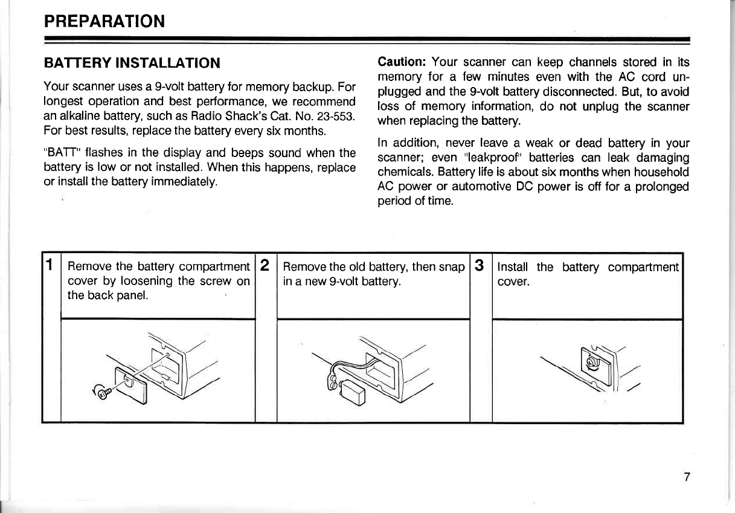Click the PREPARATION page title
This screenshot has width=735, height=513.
coord(104,22)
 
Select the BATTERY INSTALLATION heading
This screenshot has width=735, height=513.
coord(132,62)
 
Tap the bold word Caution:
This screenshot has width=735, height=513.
coord(402,62)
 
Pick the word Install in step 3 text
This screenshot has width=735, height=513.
coord(513,266)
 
